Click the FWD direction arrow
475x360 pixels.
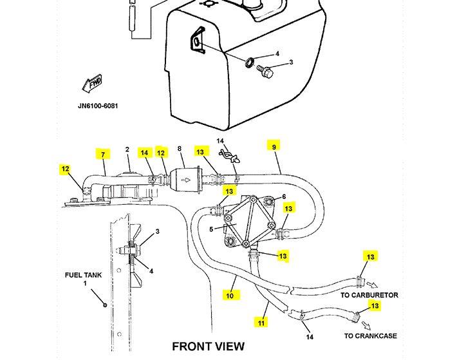[x=93, y=84]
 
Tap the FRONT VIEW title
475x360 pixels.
[x=208, y=346]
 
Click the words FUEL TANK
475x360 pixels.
[x=83, y=275]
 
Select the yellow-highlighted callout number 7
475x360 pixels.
[x=102, y=155]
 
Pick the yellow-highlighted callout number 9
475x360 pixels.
[x=274, y=146]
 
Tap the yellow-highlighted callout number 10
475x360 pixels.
[x=230, y=296]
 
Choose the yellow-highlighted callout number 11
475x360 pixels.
[x=261, y=323]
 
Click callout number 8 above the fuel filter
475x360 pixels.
[x=180, y=149]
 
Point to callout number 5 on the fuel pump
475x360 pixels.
[x=212, y=229]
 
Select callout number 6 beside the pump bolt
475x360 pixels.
[x=283, y=197]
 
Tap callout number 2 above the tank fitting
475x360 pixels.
[x=127, y=150]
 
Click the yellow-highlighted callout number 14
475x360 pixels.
[x=144, y=153]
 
